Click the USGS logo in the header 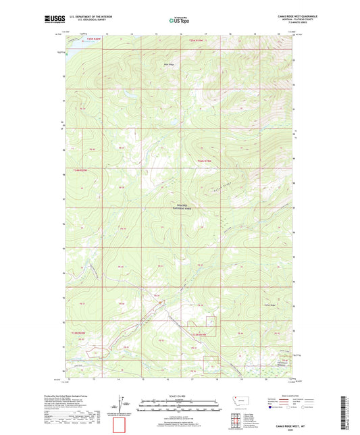tap(53, 20)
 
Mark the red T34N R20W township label tap(80, 170)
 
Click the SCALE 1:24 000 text tap(180, 395)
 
